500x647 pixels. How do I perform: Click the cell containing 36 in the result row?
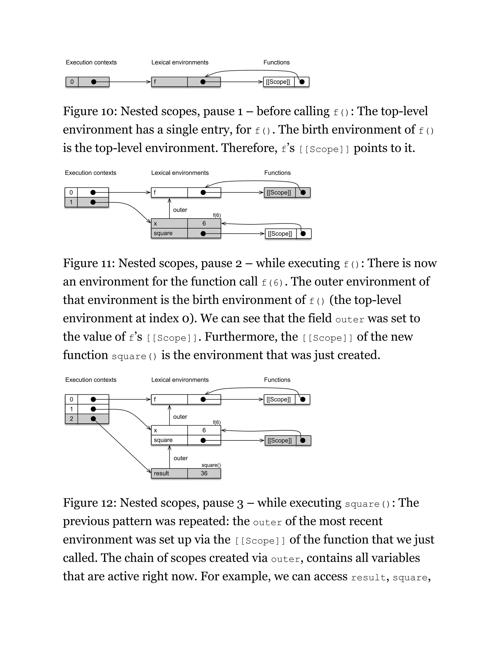click(x=204, y=473)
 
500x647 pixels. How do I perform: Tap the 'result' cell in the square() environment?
click(x=169, y=473)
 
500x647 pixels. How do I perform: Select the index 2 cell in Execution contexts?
click(x=71, y=418)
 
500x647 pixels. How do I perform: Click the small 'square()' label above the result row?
click(x=211, y=465)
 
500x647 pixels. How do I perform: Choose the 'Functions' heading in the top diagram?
click(x=276, y=63)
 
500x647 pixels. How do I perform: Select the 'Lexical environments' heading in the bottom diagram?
click(x=180, y=380)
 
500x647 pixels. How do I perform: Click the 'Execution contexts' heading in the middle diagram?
click(x=90, y=173)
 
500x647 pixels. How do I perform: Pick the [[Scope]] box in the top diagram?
click(x=278, y=82)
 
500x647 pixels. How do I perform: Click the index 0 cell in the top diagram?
click(x=72, y=82)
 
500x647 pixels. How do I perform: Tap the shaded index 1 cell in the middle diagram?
click(x=71, y=202)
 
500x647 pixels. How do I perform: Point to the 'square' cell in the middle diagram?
click(x=169, y=233)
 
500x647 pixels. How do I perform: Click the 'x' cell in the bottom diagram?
click(x=169, y=430)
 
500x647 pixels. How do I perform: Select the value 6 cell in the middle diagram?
click(x=204, y=223)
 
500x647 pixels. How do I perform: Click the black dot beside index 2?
click(x=93, y=418)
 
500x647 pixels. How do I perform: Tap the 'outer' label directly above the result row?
click(x=180, y=458)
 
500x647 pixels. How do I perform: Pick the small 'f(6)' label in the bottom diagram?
click(x=217, y=422)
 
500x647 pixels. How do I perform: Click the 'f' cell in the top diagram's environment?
click(x=169, y=82)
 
